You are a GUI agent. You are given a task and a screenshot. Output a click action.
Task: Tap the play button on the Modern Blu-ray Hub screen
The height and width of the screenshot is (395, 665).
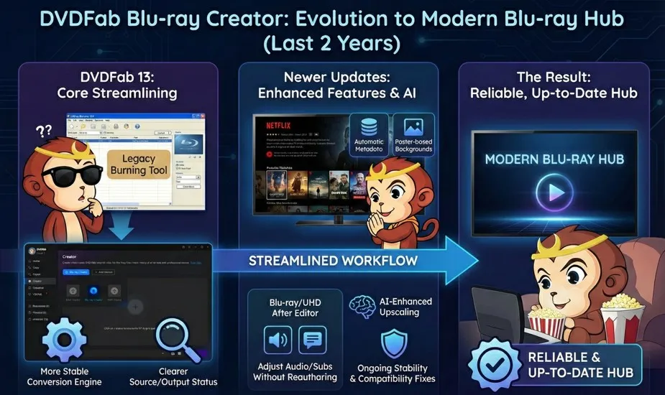pos(554,193)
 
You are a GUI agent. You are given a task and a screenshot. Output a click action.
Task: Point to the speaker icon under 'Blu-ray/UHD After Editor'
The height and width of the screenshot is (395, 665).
pos(278,340)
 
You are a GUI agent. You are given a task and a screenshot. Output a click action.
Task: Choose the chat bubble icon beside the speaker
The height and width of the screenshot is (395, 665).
pos(312,340)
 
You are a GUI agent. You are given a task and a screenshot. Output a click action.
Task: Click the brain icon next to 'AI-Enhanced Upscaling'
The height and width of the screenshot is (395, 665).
pos(363,306)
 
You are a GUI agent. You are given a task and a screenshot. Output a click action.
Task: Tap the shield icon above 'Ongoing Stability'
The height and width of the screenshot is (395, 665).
pos(393,343)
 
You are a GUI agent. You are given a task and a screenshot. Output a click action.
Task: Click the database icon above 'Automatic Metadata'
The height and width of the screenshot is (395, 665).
pos(369,127)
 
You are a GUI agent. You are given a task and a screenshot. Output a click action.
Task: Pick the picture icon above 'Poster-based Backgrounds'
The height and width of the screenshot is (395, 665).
pos(413,127)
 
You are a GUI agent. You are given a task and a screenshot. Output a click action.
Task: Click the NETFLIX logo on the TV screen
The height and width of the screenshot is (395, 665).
pos(278,123)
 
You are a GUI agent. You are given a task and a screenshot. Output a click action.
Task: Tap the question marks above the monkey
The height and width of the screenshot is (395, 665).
pos(44,131)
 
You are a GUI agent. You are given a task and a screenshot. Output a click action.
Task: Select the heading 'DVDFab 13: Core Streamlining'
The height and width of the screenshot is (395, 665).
pos(116,85)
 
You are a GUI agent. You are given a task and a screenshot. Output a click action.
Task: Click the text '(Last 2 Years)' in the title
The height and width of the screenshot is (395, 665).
pos(332,45)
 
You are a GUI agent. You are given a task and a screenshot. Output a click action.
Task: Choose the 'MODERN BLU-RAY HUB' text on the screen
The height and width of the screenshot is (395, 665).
pos(554,159)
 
